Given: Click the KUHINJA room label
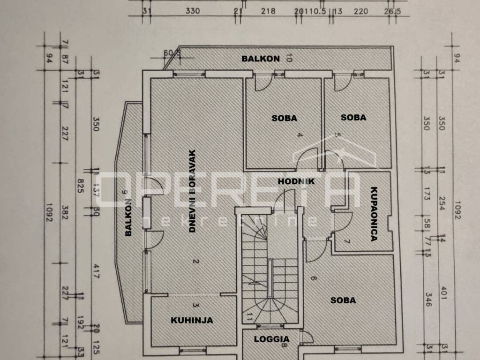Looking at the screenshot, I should pyautogui.click(x=191, y=321).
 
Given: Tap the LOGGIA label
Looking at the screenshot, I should pyautogui.click(x=271, y=339).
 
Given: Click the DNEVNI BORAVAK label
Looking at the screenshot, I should pyautogui.click(x=192, y=191).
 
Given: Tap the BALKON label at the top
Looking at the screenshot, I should pyautogui.click(x=261, y=59).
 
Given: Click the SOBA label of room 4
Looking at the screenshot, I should pyautogui.click(x=284, y=118).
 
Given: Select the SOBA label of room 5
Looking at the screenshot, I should pyautogui.click(x=353, y=118).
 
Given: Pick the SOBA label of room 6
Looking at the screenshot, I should pyautogui.click(x=343, y=300).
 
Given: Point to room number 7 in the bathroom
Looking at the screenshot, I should pyautogui.click(x=347, y=242).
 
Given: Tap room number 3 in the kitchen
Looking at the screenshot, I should pyautogui.click(x=196, y=306).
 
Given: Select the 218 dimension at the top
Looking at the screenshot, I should pyautogui.click(x=268, y=11).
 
